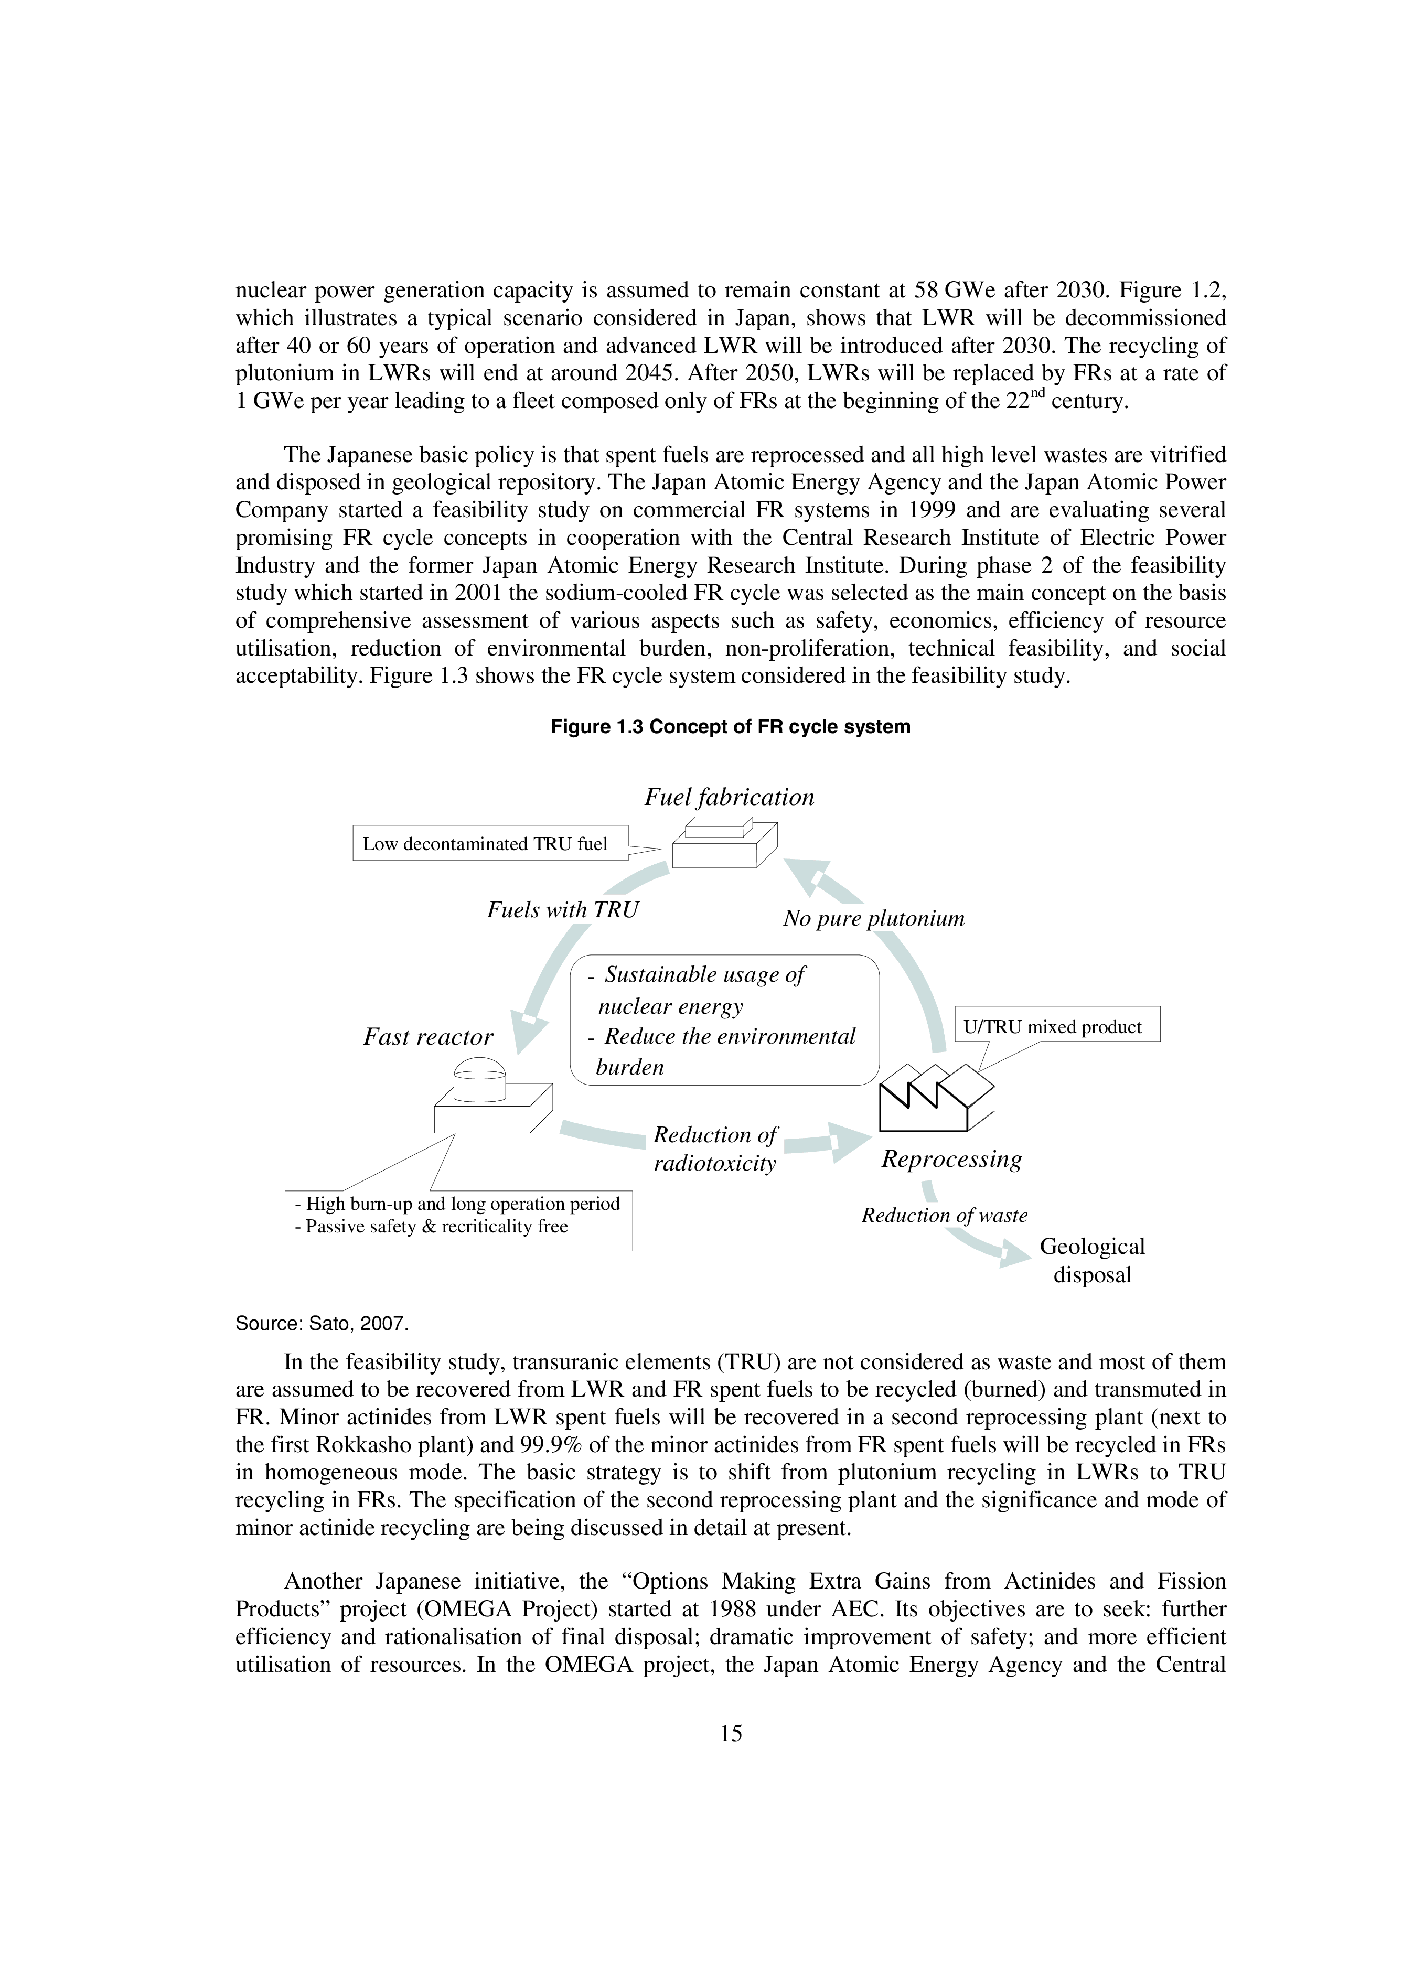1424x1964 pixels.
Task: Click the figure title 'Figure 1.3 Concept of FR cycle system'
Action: pos(730,726)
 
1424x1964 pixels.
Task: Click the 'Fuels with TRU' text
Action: pos(562,909)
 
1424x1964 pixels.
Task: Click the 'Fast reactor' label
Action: pos(428,1037)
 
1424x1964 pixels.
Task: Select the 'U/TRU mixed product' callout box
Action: pos(1056,1027)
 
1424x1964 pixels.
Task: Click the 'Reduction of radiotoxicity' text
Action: pos(714,1149)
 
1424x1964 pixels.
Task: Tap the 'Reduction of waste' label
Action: pos(944,1216)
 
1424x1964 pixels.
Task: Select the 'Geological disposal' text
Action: pos(1092,1260)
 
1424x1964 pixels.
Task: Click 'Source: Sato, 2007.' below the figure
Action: pos(322,1323)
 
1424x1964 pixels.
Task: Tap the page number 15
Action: pos(730,1733)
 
